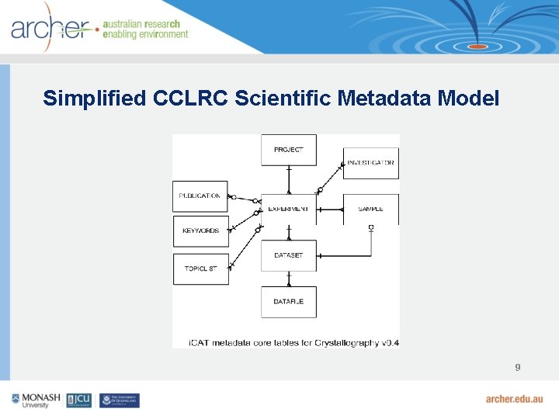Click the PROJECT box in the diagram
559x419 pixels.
pos(288,150)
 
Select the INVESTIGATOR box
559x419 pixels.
pos(370,164)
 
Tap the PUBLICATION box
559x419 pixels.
pos(200,196)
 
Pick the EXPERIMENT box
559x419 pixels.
pos(288,209)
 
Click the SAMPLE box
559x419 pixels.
pos(370,209)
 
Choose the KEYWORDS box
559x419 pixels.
pos(200,231)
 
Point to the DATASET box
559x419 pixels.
pos(288,255)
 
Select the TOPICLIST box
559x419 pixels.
pos(200,268)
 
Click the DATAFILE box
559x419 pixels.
pos(288,301)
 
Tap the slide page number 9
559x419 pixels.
pos(517,367)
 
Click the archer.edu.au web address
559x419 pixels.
pos(514,399)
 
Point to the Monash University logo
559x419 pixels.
pos(36,400)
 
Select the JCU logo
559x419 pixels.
pos(79,400)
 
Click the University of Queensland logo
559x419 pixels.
pos(120,400)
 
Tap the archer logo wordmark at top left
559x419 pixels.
pos(50,28)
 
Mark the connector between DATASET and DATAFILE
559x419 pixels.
pos(288,279)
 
